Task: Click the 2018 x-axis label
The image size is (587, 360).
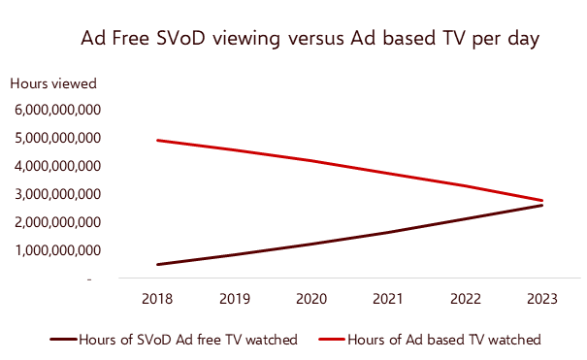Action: tap(156, 299)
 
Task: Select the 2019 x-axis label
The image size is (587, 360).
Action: tap(233, 299)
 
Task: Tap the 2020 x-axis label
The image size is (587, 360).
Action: tap(310, 299)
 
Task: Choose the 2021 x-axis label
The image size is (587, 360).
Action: tap(387, 299)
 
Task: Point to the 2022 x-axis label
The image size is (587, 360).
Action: tap(465, 299)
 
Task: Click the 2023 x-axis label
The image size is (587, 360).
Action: tap(541, 299)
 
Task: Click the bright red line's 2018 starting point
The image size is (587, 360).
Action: tap(156, 141)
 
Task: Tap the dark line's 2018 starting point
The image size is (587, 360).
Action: tap(156, 264)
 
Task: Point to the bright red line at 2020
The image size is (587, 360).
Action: tap(310, 161)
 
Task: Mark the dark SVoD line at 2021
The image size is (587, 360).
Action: tap(387, 233)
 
